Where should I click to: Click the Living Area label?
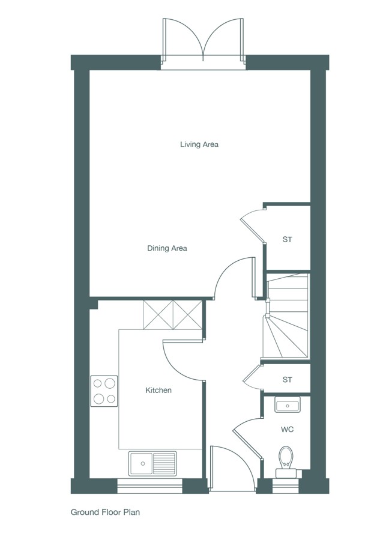[199, 144]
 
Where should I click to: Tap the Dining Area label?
[167, 248]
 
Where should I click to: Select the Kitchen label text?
[158, 390]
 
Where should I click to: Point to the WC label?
[287, 430]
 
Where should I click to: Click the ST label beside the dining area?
[287, 240]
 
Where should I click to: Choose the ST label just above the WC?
[287, 379]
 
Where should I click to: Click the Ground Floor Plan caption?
[105, 512]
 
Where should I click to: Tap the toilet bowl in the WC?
[286, 457]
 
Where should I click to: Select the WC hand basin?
[287, 404]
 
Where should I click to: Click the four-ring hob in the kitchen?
[104, 391]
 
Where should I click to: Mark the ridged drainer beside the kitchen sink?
[164, 464]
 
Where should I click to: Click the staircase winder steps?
[286, 336]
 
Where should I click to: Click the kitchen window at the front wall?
[149, 486]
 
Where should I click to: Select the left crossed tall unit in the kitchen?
[158, 315]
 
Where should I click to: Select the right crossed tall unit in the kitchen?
[187, 315]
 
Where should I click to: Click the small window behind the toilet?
[286, 486]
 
